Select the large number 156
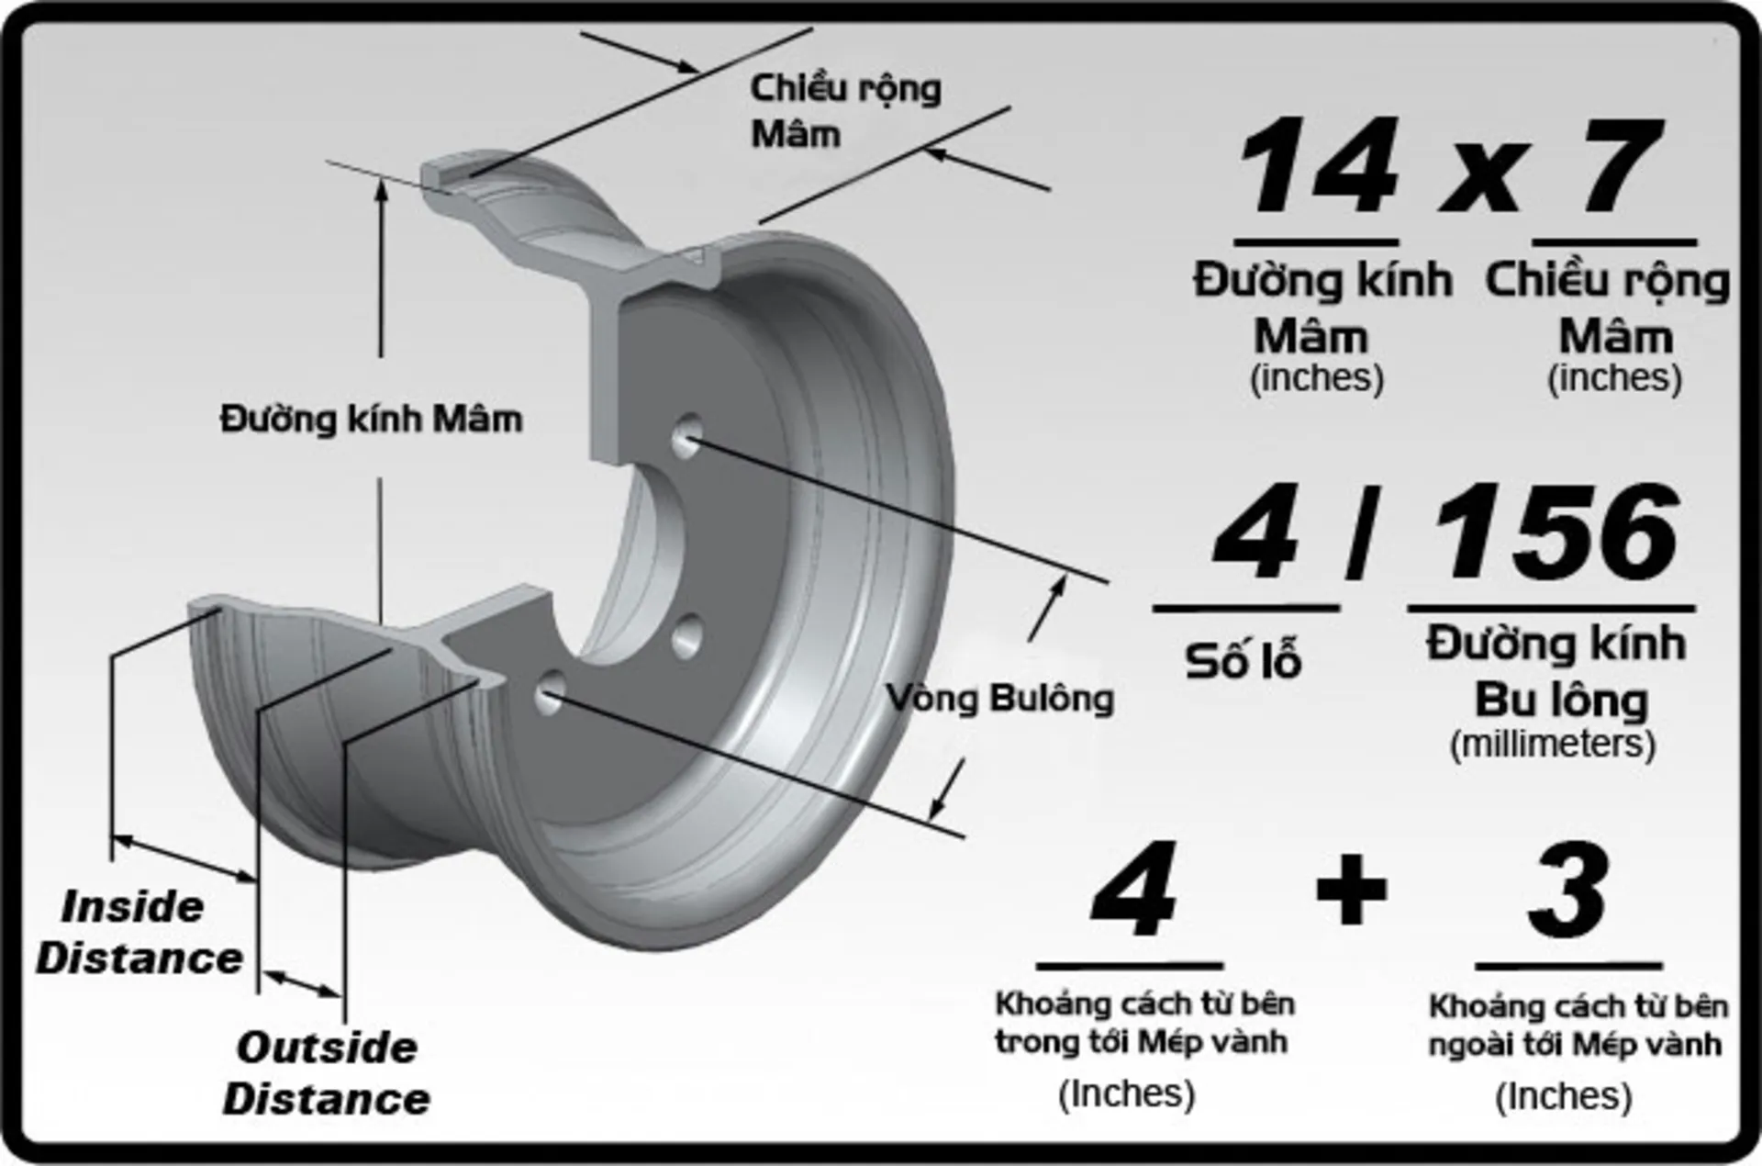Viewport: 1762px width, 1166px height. (x=1556, y=533)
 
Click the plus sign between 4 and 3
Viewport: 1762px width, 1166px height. (x=1351, y=889)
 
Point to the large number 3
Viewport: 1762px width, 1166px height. (x=1568, y=889)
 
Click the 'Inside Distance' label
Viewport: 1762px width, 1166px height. (x=138, y=932)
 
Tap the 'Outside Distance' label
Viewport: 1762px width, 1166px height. (x=326, y=1072)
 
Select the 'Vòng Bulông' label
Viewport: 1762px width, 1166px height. (x=1000, y=699)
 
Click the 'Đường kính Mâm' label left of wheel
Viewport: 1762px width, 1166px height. (x=371, y=420)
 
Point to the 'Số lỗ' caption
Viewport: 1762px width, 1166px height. (x=1243, y=661)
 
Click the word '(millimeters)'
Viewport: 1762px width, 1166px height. (x=1553, y=744)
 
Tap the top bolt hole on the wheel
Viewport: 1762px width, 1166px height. (x=687, y=436)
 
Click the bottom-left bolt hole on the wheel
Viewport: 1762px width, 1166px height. (x=550, y=693)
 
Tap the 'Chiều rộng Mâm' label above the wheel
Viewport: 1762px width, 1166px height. (x=844, y=111)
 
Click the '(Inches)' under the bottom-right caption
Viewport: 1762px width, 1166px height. (x=1563, y=1096)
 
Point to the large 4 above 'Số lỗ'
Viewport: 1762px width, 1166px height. (x=1255, y=533)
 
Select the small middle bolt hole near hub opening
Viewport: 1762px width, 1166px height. (x=686, y=636)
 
